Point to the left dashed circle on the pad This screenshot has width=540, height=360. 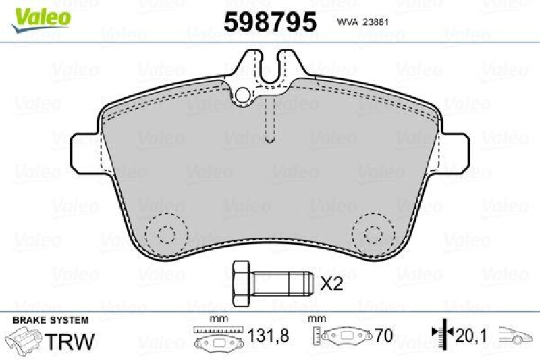coord(163,233)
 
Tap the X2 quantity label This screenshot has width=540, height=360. coord(331,284)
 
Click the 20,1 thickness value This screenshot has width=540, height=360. coord(470,336)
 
